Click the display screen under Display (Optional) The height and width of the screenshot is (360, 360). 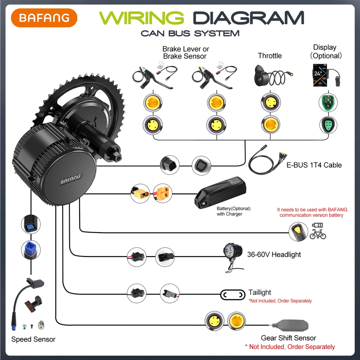click(x=320, y=75)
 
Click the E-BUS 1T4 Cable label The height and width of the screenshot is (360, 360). click(x=314, y=165)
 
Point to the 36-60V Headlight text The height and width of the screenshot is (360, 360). click(x=274, y=255)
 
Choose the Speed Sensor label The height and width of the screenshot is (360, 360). click(x=33, y=339)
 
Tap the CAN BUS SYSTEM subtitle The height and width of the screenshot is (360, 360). click(x=189, y=33)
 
